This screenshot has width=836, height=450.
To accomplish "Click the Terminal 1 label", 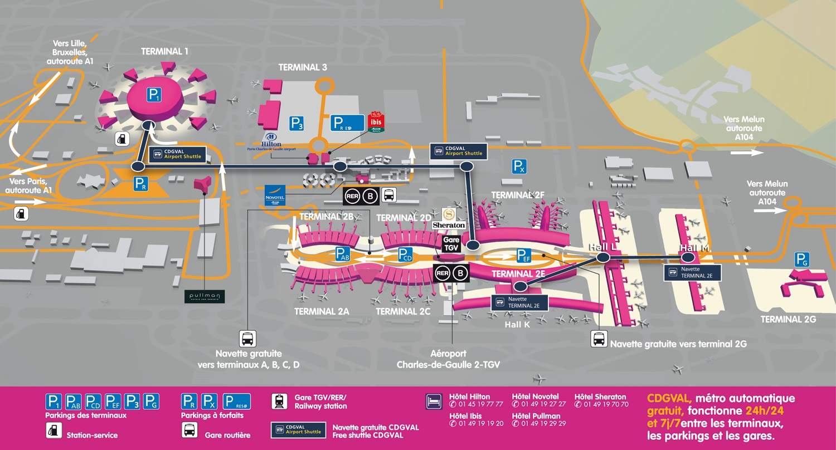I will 164,51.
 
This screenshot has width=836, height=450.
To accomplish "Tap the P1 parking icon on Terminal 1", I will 154,95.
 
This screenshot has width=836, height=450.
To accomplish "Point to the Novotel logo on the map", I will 275,195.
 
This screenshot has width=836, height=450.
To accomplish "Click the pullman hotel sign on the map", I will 205,296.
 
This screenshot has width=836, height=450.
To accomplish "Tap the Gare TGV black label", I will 450,243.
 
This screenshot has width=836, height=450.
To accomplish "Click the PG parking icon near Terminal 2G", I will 801,259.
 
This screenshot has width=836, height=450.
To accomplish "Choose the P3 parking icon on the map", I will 297,124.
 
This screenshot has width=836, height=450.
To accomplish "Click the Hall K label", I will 517,324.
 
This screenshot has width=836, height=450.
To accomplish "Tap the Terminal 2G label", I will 788,319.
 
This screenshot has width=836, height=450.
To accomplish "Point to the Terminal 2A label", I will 322,311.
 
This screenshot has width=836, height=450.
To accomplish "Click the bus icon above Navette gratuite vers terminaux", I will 247,338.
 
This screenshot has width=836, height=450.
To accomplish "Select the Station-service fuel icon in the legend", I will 54,431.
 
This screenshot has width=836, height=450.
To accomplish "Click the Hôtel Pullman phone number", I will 543,423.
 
